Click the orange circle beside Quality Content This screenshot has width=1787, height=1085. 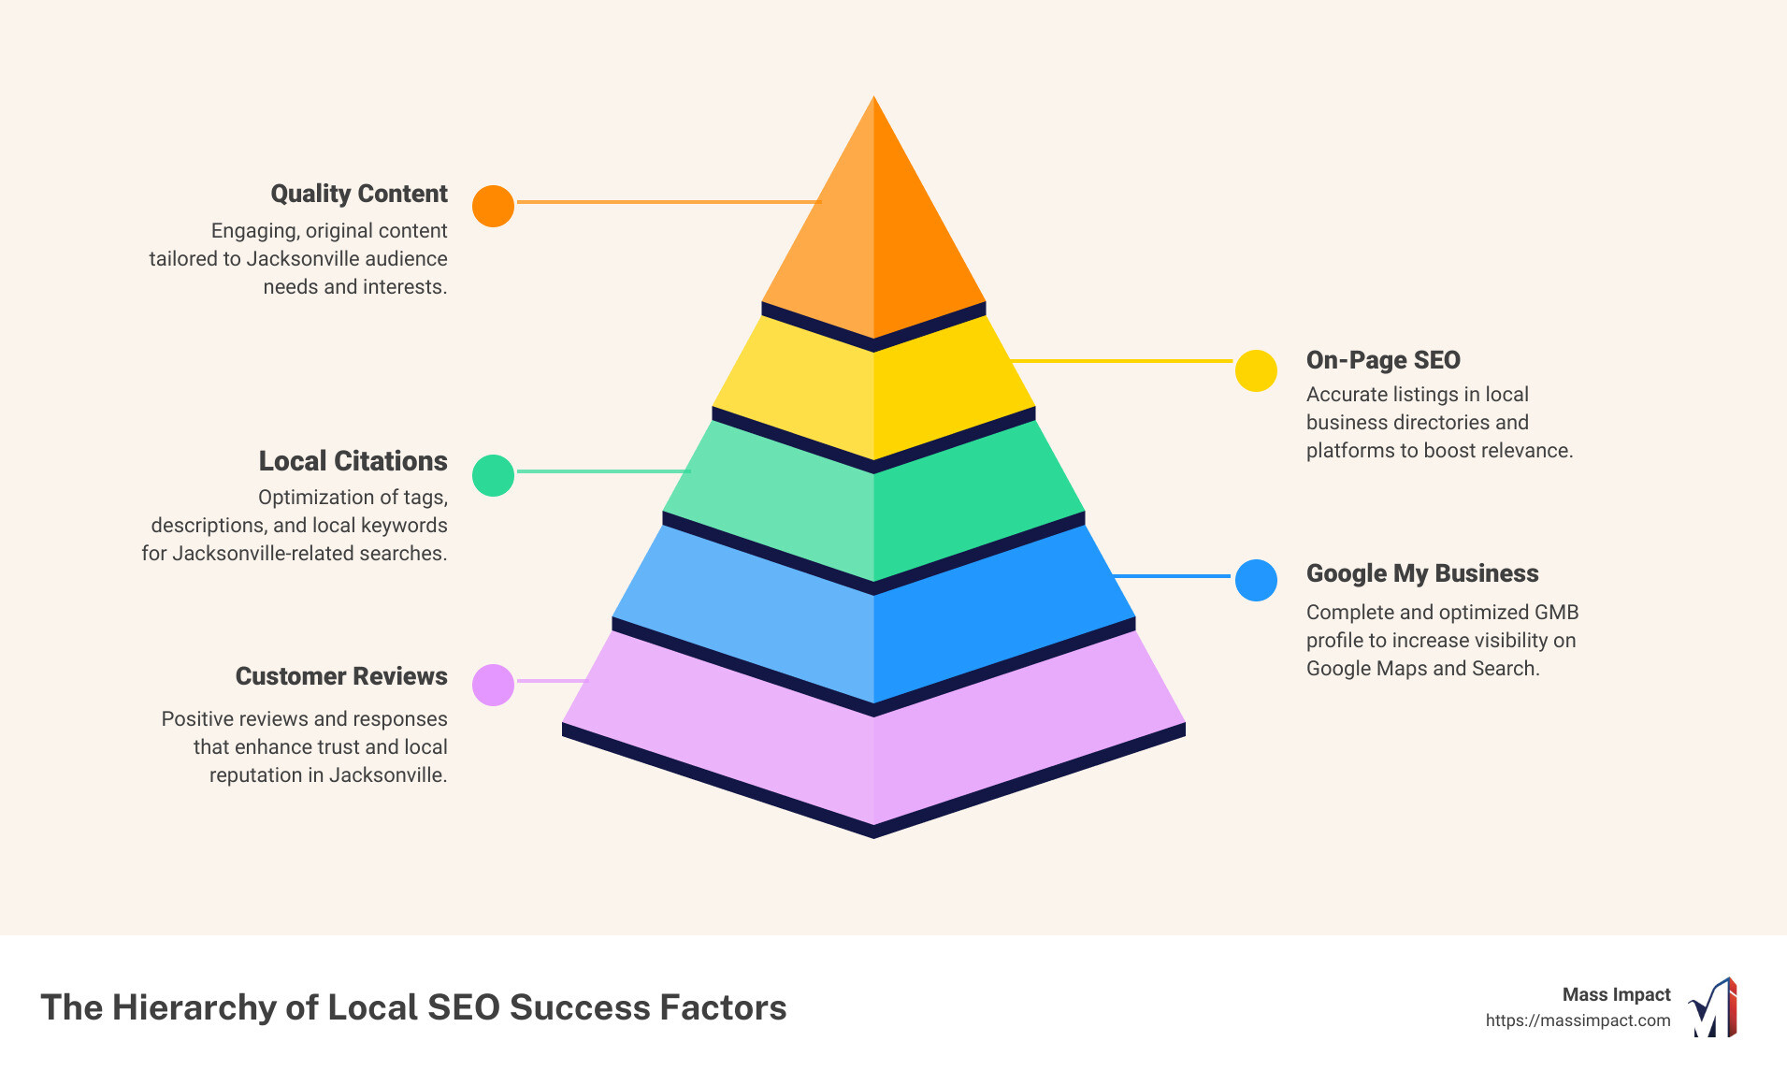(x=493, y=206)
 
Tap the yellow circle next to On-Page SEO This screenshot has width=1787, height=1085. (x=1256, y=371)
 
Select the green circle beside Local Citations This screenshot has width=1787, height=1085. (x=493, y=475)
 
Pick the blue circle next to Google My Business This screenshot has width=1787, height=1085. (x=1256, y=580)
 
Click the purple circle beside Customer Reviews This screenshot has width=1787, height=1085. (x=493, y=685)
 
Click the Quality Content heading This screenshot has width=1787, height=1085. (x=359, y=194)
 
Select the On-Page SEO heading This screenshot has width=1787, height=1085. (x=1383, y=360)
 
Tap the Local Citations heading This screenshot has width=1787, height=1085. (x=353, y=461)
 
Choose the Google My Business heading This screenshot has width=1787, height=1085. (x=1422, y=573)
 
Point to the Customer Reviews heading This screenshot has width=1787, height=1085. (x=341, y=676)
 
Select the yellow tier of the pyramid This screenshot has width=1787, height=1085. (x=873, y=393)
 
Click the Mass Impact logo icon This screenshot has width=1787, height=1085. (x=1713, y=1007)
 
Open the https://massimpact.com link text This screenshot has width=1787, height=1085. (x=1578, y=1020)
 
